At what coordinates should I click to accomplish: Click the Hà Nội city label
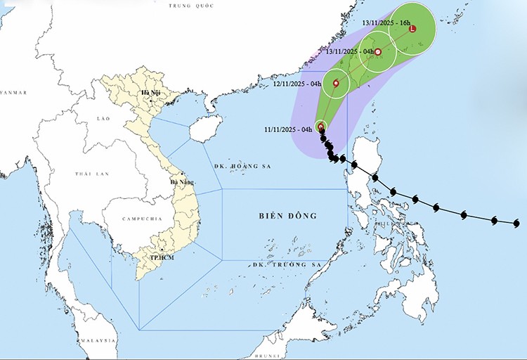150,93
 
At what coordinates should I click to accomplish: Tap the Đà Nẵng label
182,182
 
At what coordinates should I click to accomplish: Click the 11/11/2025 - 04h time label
288,129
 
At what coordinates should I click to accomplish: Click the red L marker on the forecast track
412,29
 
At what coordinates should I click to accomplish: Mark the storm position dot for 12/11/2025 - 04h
336,84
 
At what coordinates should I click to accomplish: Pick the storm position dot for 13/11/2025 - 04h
377,52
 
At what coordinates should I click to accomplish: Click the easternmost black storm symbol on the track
516,223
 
